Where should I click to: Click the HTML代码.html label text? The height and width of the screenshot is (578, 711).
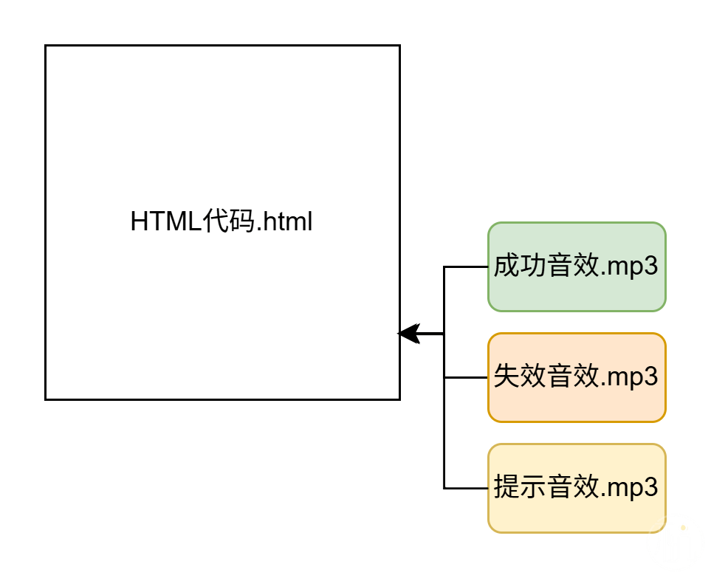(x=221, y=222)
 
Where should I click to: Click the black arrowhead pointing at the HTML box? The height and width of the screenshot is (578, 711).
(x=408, y=334)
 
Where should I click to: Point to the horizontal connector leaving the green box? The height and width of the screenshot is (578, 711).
(x=465, y=267)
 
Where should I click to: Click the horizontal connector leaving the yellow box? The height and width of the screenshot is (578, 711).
(x=465, y=488)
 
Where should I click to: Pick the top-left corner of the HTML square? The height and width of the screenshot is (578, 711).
(x=46, y=46)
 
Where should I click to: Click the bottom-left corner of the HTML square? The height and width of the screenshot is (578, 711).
(x=46, y=399)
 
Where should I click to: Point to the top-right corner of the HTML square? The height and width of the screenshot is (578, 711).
(x=399, y=46)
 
